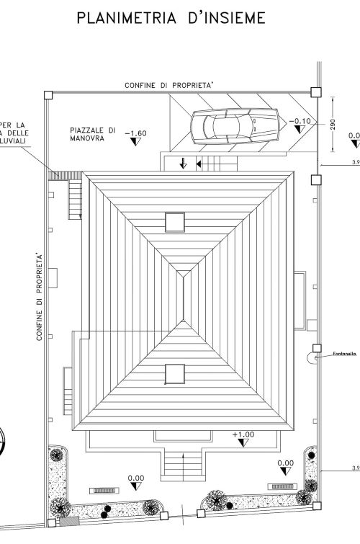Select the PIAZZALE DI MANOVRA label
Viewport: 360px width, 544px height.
coord(93,134)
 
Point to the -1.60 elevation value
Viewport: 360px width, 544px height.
coord(135,133)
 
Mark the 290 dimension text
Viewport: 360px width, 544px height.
coord(333,125)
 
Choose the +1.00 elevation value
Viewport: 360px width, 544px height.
coord(243,434)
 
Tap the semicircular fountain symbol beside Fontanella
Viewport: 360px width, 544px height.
coord(313,355)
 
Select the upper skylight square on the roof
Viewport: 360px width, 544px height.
coord(175,222)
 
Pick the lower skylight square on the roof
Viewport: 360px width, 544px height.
coord(175,374)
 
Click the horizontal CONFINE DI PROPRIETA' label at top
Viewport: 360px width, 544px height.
coord(169,85)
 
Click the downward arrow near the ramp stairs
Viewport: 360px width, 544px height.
coord(183,164)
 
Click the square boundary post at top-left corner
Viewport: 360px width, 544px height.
coord(48,95)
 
